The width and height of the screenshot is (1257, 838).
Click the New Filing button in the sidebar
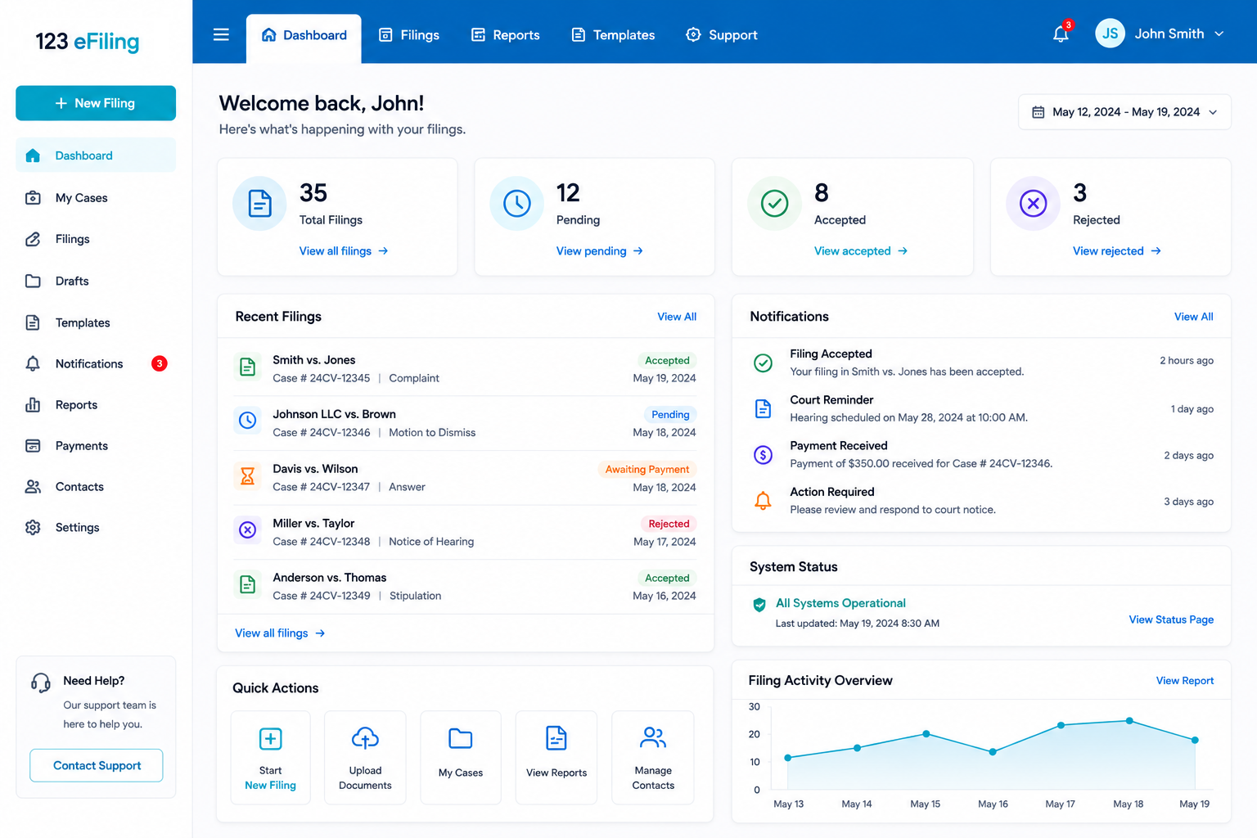point(96,103)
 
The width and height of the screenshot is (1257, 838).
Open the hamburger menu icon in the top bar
point(221,35)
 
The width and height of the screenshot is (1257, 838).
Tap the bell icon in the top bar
point(1061,34)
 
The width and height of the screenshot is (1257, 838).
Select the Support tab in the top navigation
point(722,35)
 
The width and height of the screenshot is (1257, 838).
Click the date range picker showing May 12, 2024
point(1124,112)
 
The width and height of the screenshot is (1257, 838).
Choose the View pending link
point(599,251)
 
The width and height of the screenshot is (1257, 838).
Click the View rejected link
point(1117,251)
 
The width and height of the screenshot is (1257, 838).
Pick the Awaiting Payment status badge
point(647,469)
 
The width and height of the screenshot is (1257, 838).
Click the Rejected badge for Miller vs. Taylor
point(669,524)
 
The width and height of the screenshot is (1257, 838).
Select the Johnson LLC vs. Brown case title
point(334,414)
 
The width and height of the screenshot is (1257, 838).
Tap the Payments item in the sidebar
point(81,446)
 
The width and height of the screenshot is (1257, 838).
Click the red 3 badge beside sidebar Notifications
point(160,363)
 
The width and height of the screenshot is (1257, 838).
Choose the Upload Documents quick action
point(365,758)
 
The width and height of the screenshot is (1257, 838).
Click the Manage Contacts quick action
point(652,758)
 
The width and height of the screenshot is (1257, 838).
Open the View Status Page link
point(1171,619)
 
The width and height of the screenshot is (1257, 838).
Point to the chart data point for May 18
point(1129,721)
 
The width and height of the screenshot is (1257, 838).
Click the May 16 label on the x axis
point(993,804)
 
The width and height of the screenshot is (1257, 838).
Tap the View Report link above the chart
point(1185,681)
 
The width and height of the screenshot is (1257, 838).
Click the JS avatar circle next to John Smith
point(1110,34)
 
